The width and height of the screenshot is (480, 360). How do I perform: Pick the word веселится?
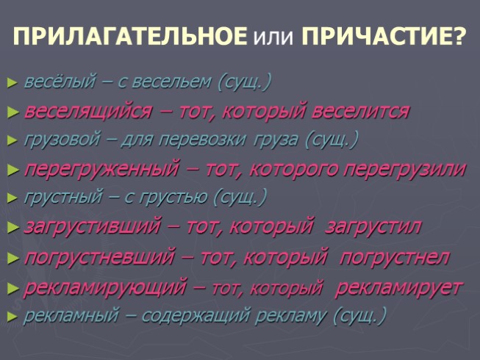tap(360, 112)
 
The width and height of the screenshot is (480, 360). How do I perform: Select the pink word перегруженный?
tap(101, 169)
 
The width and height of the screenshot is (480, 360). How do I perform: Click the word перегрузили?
tap(402, 169)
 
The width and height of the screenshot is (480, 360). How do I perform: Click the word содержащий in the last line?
tap(184, 317)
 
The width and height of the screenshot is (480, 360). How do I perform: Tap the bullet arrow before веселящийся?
tap(11, 112)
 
